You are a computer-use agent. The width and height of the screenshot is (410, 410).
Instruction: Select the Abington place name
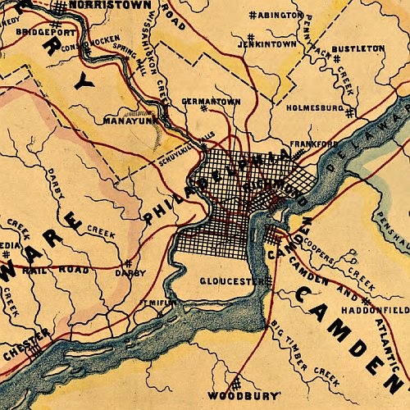point(280,16)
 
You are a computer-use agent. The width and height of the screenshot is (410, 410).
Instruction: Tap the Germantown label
point(212,102)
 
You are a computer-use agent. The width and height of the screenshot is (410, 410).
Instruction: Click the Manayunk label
point(125,121)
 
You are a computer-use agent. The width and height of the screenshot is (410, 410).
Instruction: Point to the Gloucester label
point(231,280)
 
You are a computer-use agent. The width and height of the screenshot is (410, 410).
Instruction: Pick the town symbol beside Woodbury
point(235,383)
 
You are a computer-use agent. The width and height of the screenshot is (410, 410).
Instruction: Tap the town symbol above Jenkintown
point(249,37)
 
